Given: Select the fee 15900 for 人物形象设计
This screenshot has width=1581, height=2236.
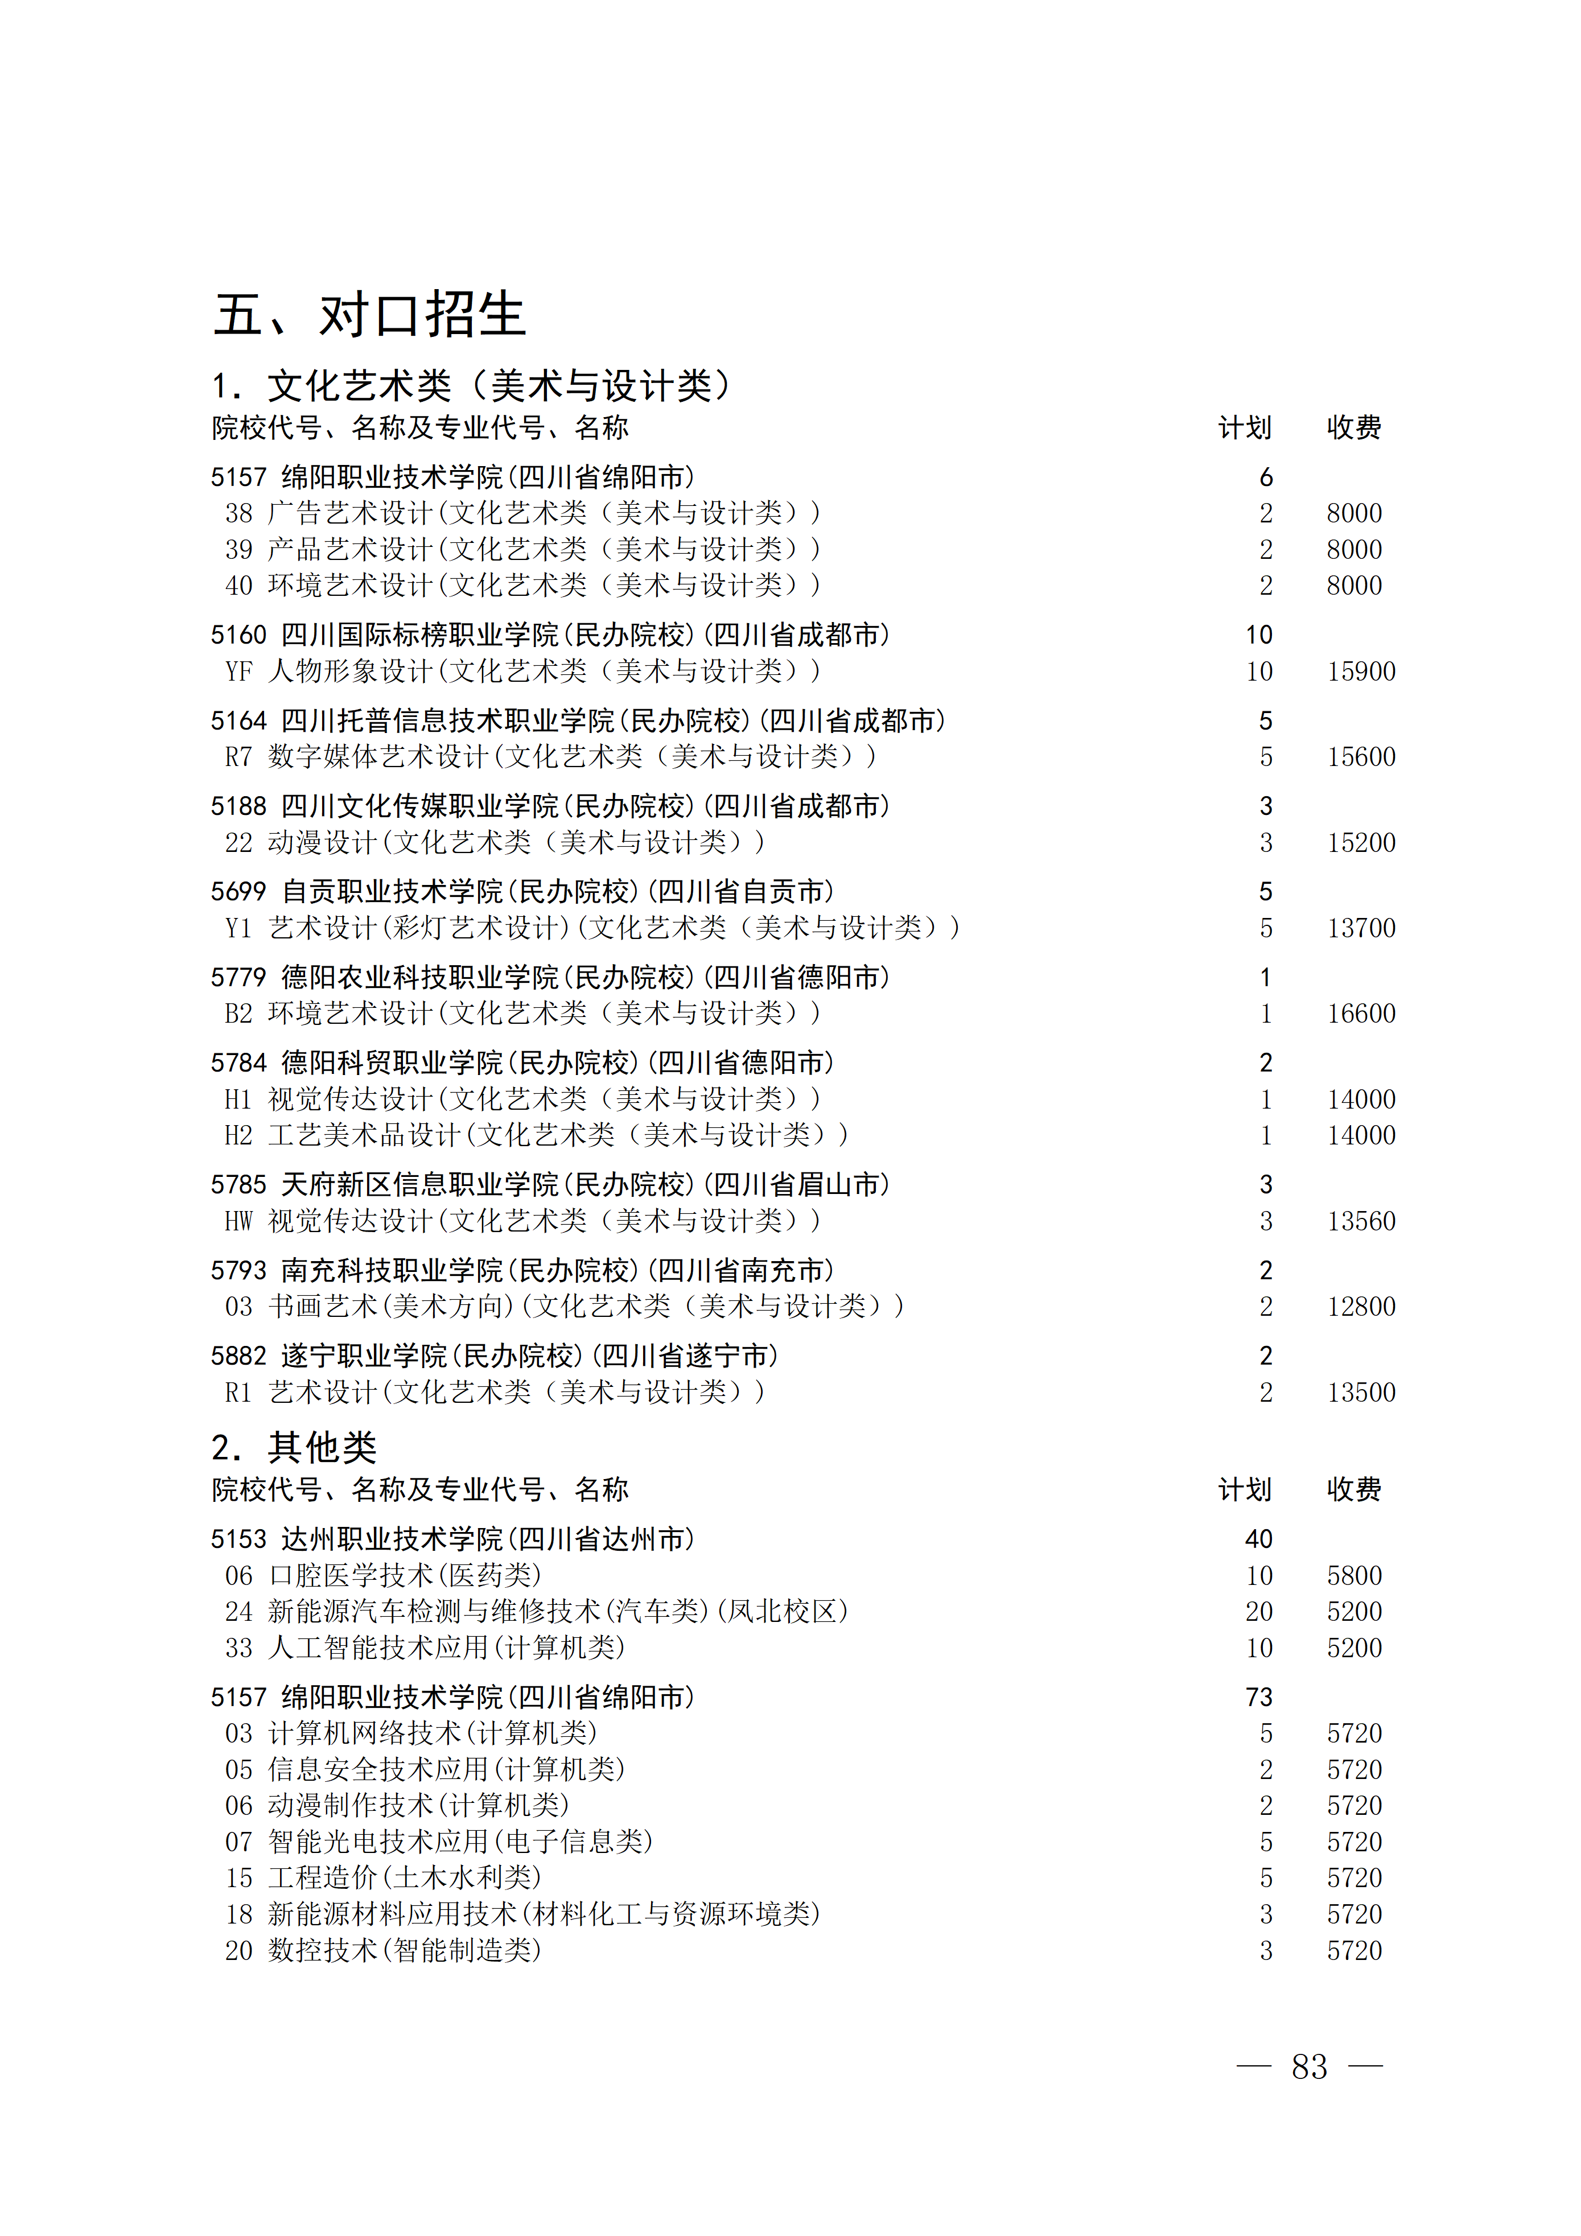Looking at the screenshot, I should click(1361, 671).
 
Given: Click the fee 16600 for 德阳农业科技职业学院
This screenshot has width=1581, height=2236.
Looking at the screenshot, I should click(1361, 1014).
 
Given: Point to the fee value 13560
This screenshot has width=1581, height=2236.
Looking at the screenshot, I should click(1361, 1221).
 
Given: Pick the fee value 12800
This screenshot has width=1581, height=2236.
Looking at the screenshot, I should click(1361, 1307).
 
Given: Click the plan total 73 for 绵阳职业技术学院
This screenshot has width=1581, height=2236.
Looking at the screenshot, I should click(1258, 1698).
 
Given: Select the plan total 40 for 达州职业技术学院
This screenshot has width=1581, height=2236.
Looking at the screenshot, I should click(1258, 1539).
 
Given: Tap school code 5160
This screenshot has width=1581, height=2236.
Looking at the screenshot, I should click(238, 635).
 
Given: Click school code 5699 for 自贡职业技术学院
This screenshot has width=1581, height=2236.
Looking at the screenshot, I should click(238, 892).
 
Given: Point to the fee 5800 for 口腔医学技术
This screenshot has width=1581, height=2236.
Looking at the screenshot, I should click(1354, 1576).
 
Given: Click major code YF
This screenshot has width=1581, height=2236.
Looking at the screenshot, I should click(238, 671).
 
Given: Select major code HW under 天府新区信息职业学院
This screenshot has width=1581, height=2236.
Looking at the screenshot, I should click(238, 1221).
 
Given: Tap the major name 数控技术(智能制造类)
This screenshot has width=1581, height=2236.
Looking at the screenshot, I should click(404, 1951).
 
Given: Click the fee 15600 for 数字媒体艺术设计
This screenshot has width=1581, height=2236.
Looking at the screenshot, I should click(1361, 757).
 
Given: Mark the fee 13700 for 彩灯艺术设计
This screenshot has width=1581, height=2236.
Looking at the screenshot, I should click(1361, 928).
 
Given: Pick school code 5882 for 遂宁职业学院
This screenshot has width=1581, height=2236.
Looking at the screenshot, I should click(238, 1356).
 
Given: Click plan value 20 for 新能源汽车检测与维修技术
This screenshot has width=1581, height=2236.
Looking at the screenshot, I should click(1258, 1612).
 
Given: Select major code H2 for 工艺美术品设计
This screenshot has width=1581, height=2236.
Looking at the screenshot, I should click(238, 1135).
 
